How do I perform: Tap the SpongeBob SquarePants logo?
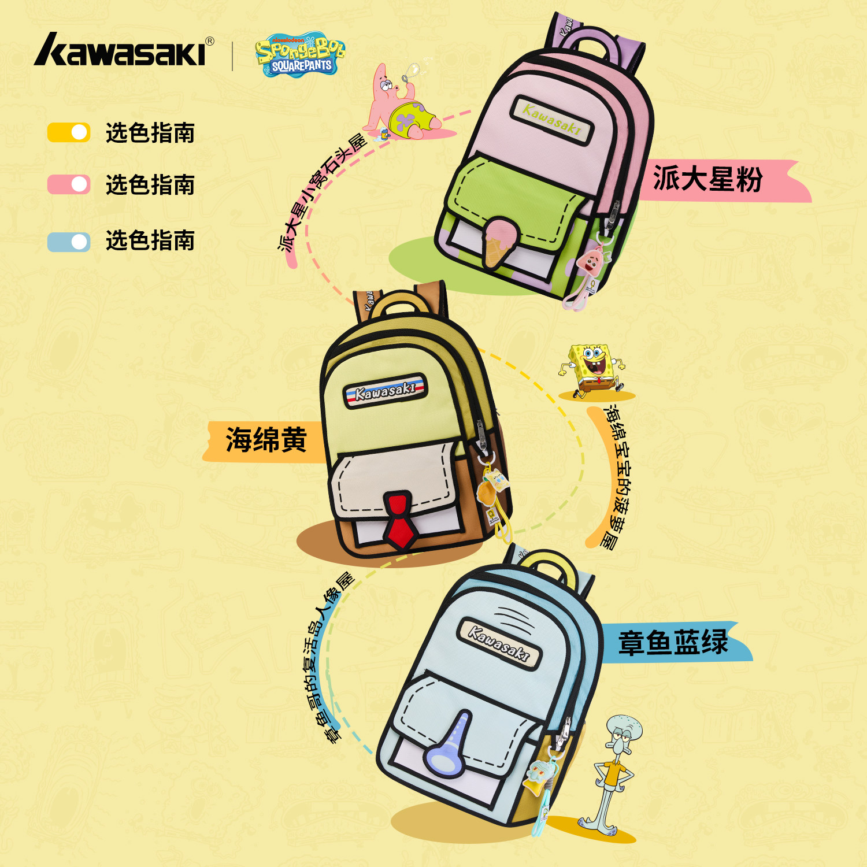click(x=299, y=55)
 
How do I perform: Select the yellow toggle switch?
click(x=69, y=132)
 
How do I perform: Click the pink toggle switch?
click(x=69, y=184)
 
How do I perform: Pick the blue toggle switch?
click(x=69, y=242)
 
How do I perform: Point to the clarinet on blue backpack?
click(x=450, y=746)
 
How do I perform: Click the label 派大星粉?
click(x=708, y=179)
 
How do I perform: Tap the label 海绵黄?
click(x=266, y=440)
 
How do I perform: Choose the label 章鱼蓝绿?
click(x=673, y=643)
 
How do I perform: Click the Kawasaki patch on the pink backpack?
click(x=552, y=119)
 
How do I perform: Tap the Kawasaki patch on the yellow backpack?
click(x=385, y=391)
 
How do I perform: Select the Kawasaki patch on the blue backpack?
click(x=499, y=642)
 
